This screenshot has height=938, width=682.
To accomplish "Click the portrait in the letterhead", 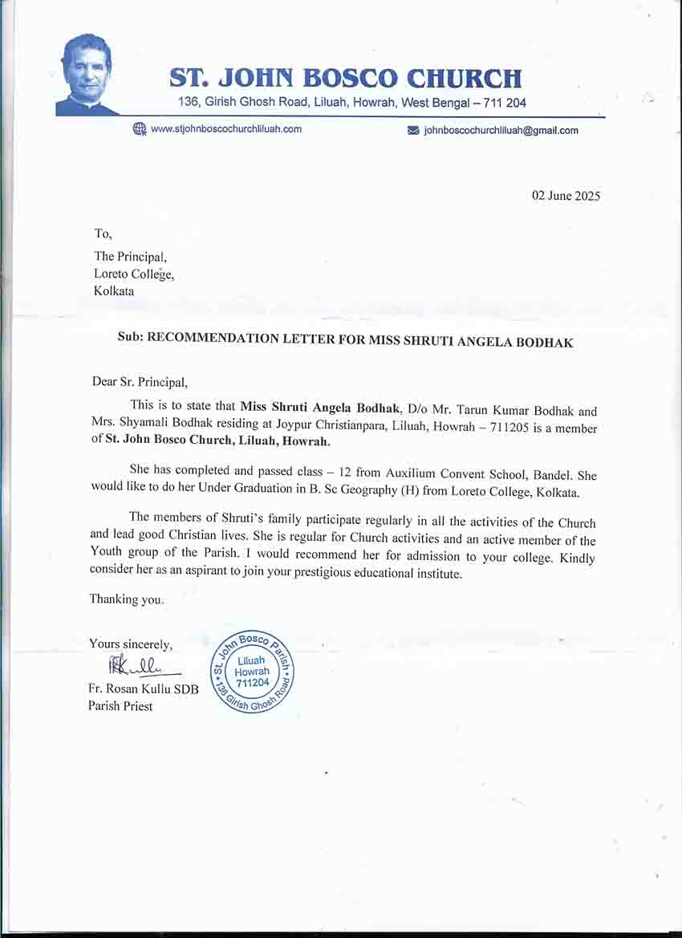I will tap(86, 75).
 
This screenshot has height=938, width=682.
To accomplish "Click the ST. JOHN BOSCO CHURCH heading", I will tap(346, 79).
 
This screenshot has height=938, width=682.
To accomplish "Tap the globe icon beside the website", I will tap(140, 129).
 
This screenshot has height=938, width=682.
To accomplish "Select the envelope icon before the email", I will tap(414, 130).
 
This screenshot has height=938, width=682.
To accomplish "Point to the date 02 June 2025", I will tap(566, 196).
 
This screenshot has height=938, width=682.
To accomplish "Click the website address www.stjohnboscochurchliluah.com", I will tap(226, 129).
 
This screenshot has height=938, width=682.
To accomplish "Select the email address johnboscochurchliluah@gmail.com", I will tap(501, 130).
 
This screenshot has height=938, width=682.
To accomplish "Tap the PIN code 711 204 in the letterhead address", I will tap(506, 103).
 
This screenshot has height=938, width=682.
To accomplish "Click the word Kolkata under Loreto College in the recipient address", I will tap(114, 290).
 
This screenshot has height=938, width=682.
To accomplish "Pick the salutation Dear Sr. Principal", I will tap(139, 381).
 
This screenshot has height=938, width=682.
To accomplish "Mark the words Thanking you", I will tap(126, 599).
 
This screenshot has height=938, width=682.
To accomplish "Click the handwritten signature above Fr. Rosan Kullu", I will tap(133, 665).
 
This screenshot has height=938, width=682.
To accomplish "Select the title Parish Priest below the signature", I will tap(120, 706).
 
